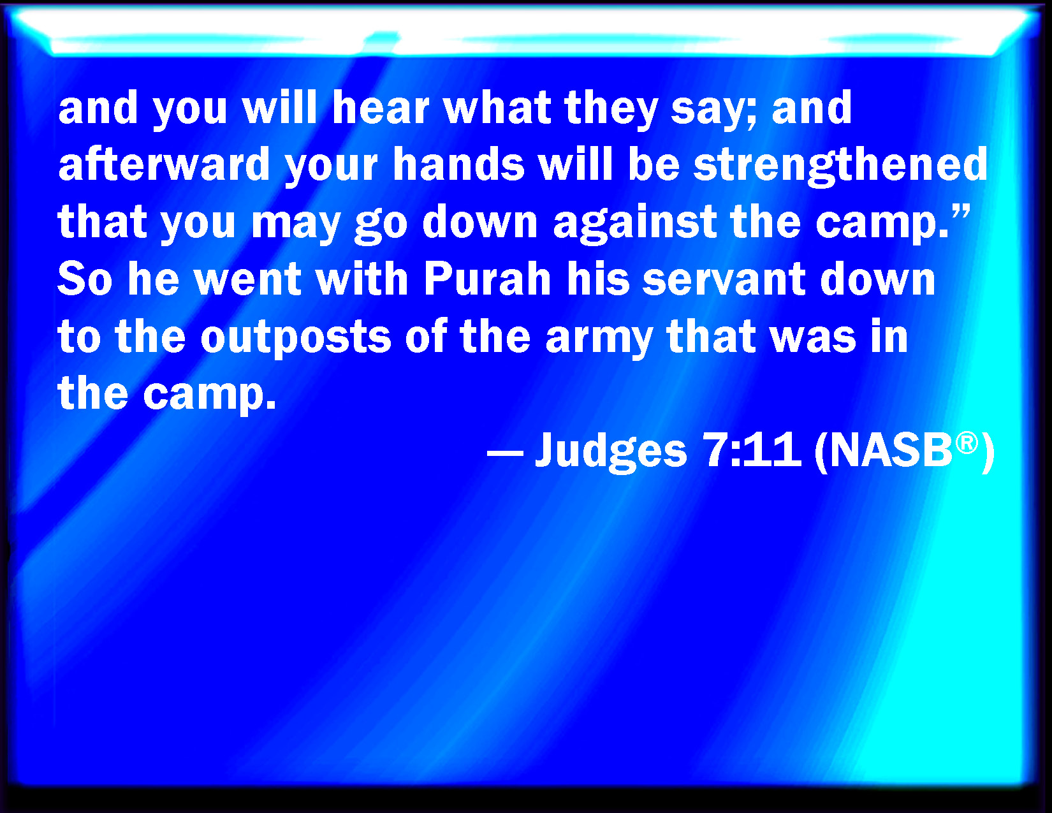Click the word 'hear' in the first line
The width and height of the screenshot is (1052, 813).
pyautogui.click(x=381, y=108)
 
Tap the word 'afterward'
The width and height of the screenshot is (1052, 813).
pyautogui.click(x=164, y=164)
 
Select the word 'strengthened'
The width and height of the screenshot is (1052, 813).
pyautogui.click(x=840, y=165)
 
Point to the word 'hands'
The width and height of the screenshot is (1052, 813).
pyautogui.click(x=458, y=164)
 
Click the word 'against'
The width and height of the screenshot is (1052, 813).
pyautogui.click(x=634, y=222)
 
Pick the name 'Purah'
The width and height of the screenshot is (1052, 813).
pyautogui.click(x=488, y=279)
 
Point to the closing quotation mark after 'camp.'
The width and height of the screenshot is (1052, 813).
pyautogui.click(x=961, y=212)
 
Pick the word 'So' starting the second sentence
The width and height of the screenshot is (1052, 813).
pyautogui.click(x=85, y=279)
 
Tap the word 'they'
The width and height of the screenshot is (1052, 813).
pyautogui.click(x=611, y=110)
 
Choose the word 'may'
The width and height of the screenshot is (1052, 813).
pyautogui.click(x=296, y=226)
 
